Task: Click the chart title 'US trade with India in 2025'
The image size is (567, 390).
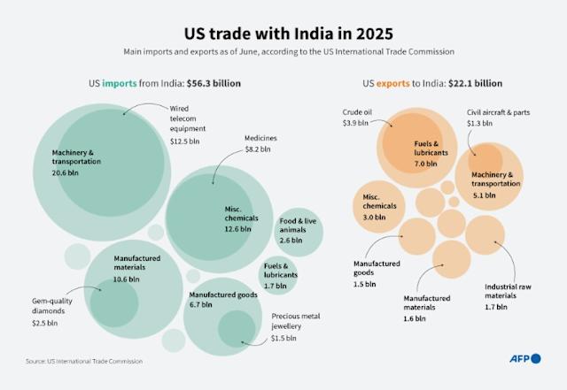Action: click(283, 32)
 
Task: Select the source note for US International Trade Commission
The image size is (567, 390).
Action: click(83, 361)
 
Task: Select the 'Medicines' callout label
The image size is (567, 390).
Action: click(261, 138)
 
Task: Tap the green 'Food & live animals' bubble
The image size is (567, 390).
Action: click(299, 230)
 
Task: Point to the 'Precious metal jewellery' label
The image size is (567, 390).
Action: click(297, 321)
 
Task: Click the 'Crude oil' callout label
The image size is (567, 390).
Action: click(359, 112)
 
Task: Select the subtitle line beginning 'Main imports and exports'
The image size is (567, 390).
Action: click(283, 52)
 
